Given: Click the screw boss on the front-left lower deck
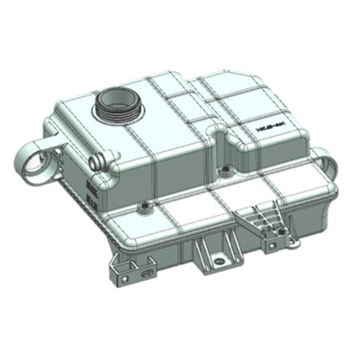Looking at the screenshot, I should tap(143, 209).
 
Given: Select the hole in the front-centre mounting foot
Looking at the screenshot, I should tap(215, 261).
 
